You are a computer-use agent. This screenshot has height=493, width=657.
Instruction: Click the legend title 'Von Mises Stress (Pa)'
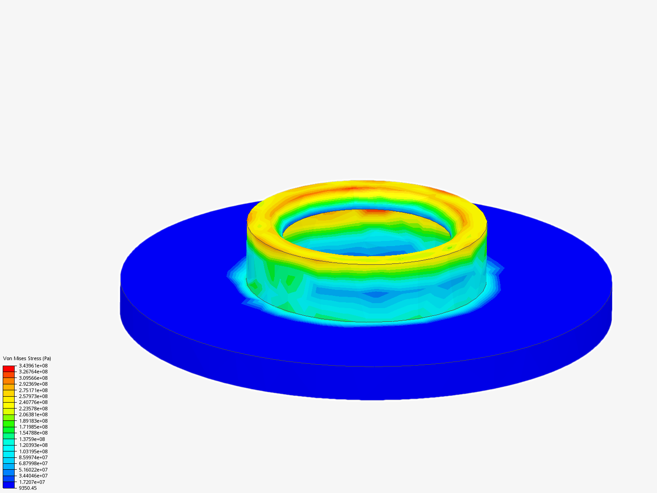27,358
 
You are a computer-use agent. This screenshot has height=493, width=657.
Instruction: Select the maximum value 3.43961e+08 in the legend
33,366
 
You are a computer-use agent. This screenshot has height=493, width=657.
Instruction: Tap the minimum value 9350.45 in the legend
28,488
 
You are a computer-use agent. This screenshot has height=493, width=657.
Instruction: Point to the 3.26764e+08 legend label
33,372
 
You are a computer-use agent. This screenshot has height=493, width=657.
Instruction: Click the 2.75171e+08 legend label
33,390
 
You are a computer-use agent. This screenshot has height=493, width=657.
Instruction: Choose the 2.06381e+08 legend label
33,414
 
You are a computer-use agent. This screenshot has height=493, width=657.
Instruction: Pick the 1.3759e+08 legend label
32,439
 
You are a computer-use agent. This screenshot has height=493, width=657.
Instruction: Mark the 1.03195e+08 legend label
33,451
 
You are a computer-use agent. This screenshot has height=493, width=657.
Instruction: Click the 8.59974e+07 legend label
33,457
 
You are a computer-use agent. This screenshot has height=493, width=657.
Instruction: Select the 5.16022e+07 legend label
33,470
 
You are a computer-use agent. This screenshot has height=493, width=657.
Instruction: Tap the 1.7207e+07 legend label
32,482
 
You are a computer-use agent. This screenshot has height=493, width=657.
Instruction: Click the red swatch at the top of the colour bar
9,368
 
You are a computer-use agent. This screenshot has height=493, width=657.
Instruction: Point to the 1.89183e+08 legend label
33,421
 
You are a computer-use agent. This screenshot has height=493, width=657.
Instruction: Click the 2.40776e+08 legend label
33,402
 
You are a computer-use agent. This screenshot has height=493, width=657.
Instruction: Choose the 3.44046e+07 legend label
33,476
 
